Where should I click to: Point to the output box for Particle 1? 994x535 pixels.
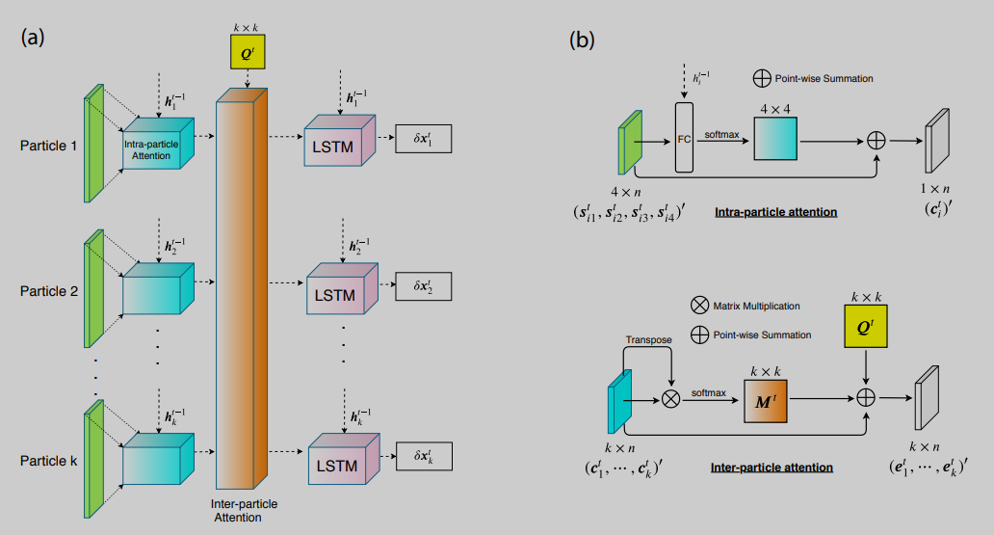423,140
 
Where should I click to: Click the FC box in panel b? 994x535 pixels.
684,139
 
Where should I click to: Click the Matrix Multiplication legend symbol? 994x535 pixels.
699,306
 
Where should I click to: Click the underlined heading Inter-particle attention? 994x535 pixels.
772,468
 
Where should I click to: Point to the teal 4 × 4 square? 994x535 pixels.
774,139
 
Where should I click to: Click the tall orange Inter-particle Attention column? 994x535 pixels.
243,289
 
